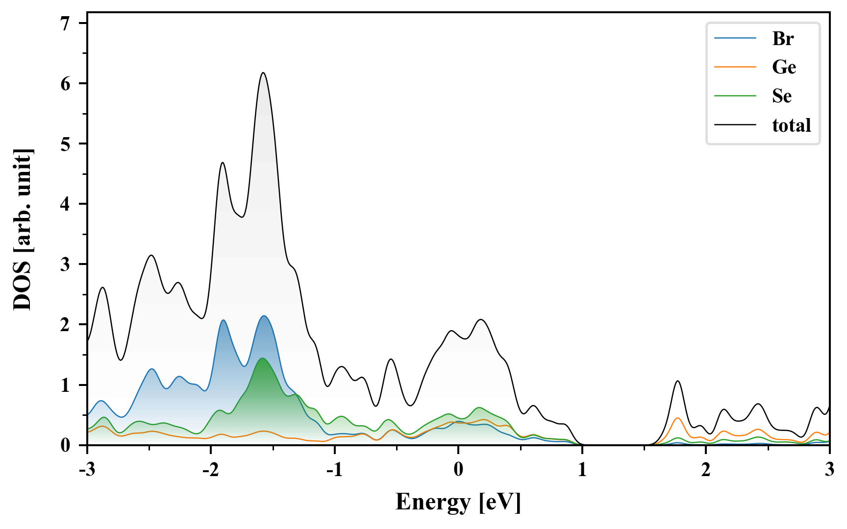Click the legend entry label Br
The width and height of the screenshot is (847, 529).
point(783,38)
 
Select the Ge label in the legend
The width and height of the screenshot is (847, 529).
point(784,67)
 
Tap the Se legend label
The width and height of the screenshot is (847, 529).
point(782,96)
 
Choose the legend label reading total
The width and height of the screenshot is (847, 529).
point(792,125)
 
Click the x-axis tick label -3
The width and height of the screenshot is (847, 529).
point(86,469)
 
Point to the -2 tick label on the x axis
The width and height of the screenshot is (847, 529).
point(210,469)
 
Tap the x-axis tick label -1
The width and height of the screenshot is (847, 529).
point(334,469)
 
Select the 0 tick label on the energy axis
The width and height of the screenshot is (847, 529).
point(458,469)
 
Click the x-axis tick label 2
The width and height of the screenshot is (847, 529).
point(706,469)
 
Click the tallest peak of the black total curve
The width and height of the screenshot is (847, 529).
point(263,73)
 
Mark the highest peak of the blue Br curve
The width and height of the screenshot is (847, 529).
point(264,316)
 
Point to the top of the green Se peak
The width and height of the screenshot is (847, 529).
point(263,359)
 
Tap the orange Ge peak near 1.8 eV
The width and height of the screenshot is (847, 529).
point(677,418)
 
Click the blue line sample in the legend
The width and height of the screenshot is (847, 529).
point(735,38)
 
